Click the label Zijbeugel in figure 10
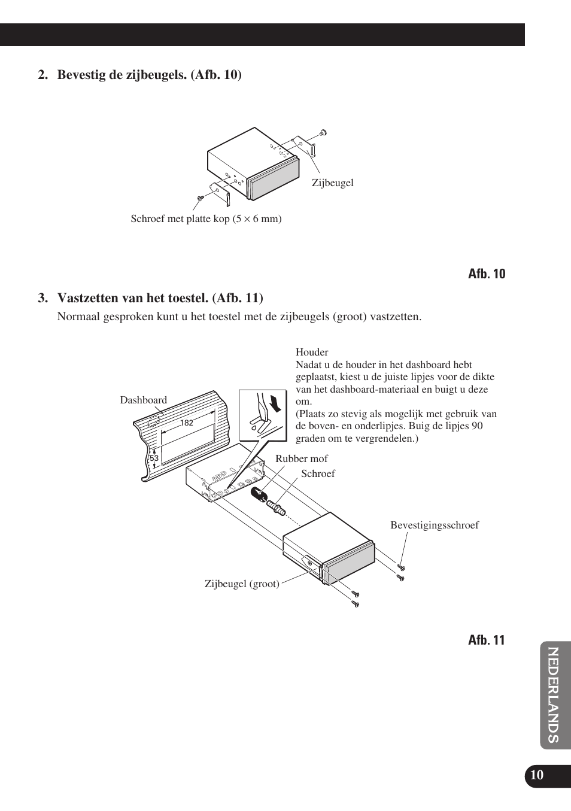(332, 183)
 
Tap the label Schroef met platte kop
(206, 218)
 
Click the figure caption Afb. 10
(486, 274)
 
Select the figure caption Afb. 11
(486, 640)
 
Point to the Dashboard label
(143, 400)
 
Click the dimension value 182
(187, 423)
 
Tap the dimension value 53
(154, 458)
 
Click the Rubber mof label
(301, 459)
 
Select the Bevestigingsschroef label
(435, 525)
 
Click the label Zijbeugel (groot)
(242, 584)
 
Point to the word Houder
(312, 352)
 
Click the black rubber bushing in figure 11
(258, 496)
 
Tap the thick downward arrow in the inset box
(275, 403)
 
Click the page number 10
(537, 775)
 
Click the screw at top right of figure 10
(323, 132)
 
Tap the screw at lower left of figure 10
(200, 198)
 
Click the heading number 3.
(42, 298)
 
